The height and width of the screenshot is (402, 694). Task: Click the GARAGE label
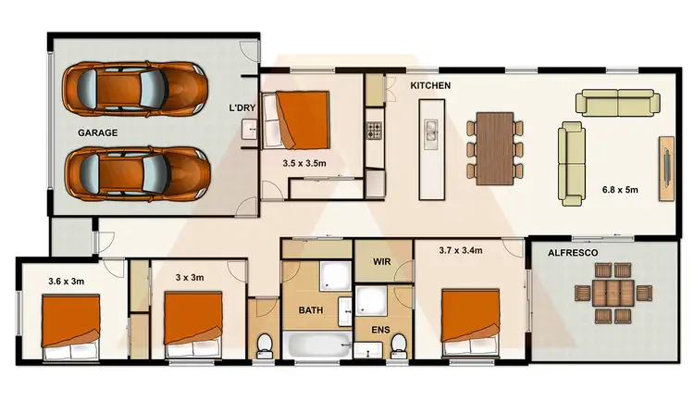[97, 132]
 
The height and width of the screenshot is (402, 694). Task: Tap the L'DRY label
[242, 108]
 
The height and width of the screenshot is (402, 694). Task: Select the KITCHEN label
[430, 85]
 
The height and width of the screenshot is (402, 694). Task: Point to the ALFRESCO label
[572, 251]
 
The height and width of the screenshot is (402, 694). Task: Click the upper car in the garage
[135, 89]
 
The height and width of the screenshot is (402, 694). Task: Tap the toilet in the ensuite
[399, 344]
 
